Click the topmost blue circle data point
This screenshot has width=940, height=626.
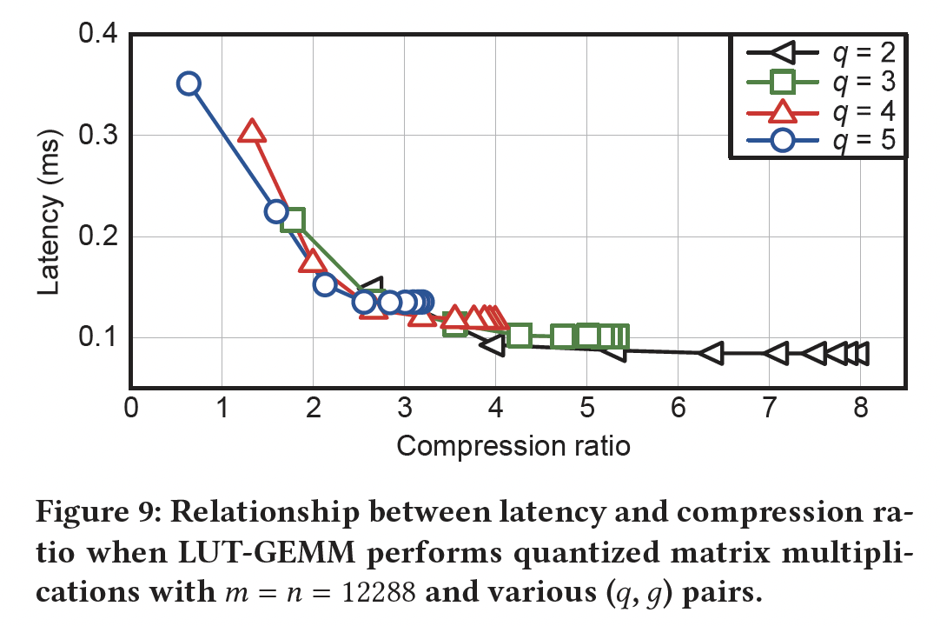(x=189, y=83)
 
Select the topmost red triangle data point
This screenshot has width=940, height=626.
(x=252, y=131)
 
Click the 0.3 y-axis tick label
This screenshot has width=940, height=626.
(x=98, y=136)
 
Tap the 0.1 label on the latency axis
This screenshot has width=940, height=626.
(x=98, y=337)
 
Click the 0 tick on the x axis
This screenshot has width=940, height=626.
(x=131, y=409)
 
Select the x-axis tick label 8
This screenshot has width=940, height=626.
(x=860, y=409)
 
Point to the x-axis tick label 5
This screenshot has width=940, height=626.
(x=586, y=409)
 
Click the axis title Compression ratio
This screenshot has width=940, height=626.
(x=513, y=446)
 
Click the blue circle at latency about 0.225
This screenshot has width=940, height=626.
(x=275, y=211)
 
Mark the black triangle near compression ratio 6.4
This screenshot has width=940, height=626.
(x=711, y=353)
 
